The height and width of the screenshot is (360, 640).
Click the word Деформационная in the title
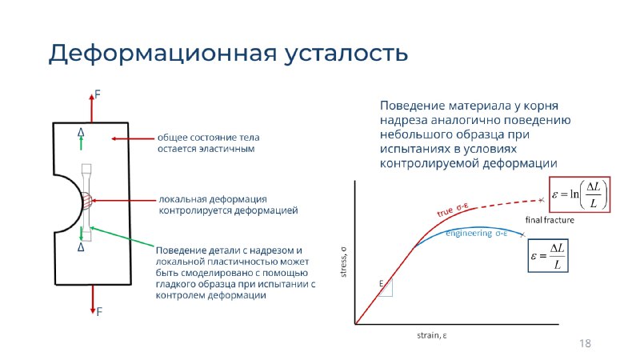(x=162, y=54)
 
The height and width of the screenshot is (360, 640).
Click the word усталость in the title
(x=346, y=54)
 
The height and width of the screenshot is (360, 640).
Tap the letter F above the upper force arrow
(x=98, y=94)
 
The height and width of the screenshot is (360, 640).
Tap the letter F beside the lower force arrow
(x=99, y=312)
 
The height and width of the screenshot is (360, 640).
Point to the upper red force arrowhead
(x=91, y=98)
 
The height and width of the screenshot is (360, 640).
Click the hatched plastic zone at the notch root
(x=86, y=201)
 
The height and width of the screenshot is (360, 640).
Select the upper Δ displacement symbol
(x=81, y=132)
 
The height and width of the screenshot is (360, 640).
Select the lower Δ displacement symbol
(x=81, y=247)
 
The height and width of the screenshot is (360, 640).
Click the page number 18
(x=585, y=343)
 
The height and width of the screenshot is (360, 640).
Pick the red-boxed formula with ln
(x=579, y=194)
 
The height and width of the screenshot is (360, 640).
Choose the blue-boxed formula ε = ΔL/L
(x=548, y=256)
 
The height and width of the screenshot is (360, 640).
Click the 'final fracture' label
(x=550, y=221)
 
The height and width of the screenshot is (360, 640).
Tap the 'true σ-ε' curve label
(x=452, y=210)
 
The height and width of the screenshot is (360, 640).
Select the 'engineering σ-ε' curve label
(x=476, y=233)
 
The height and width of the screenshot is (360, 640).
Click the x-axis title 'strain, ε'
(x=432, y=335)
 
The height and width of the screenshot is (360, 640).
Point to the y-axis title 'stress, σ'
(x=343, y=262)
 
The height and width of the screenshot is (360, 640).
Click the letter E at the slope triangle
(x=382, y=283)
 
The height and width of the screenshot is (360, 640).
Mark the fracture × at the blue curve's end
(x=522, y=234)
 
